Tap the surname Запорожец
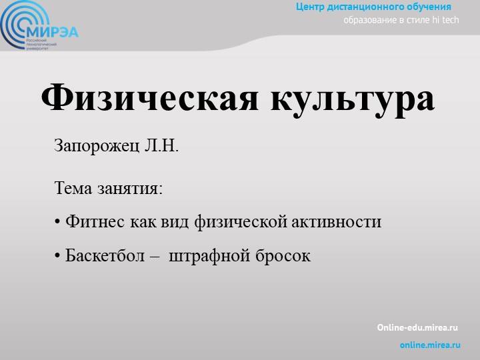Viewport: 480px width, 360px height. click(97, 146)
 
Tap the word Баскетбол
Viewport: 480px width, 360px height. click(105, 255)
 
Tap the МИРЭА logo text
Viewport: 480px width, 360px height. click(54, 31)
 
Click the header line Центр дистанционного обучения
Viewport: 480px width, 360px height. click(374, 7)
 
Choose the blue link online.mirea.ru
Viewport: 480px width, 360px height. click(430, 345)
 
